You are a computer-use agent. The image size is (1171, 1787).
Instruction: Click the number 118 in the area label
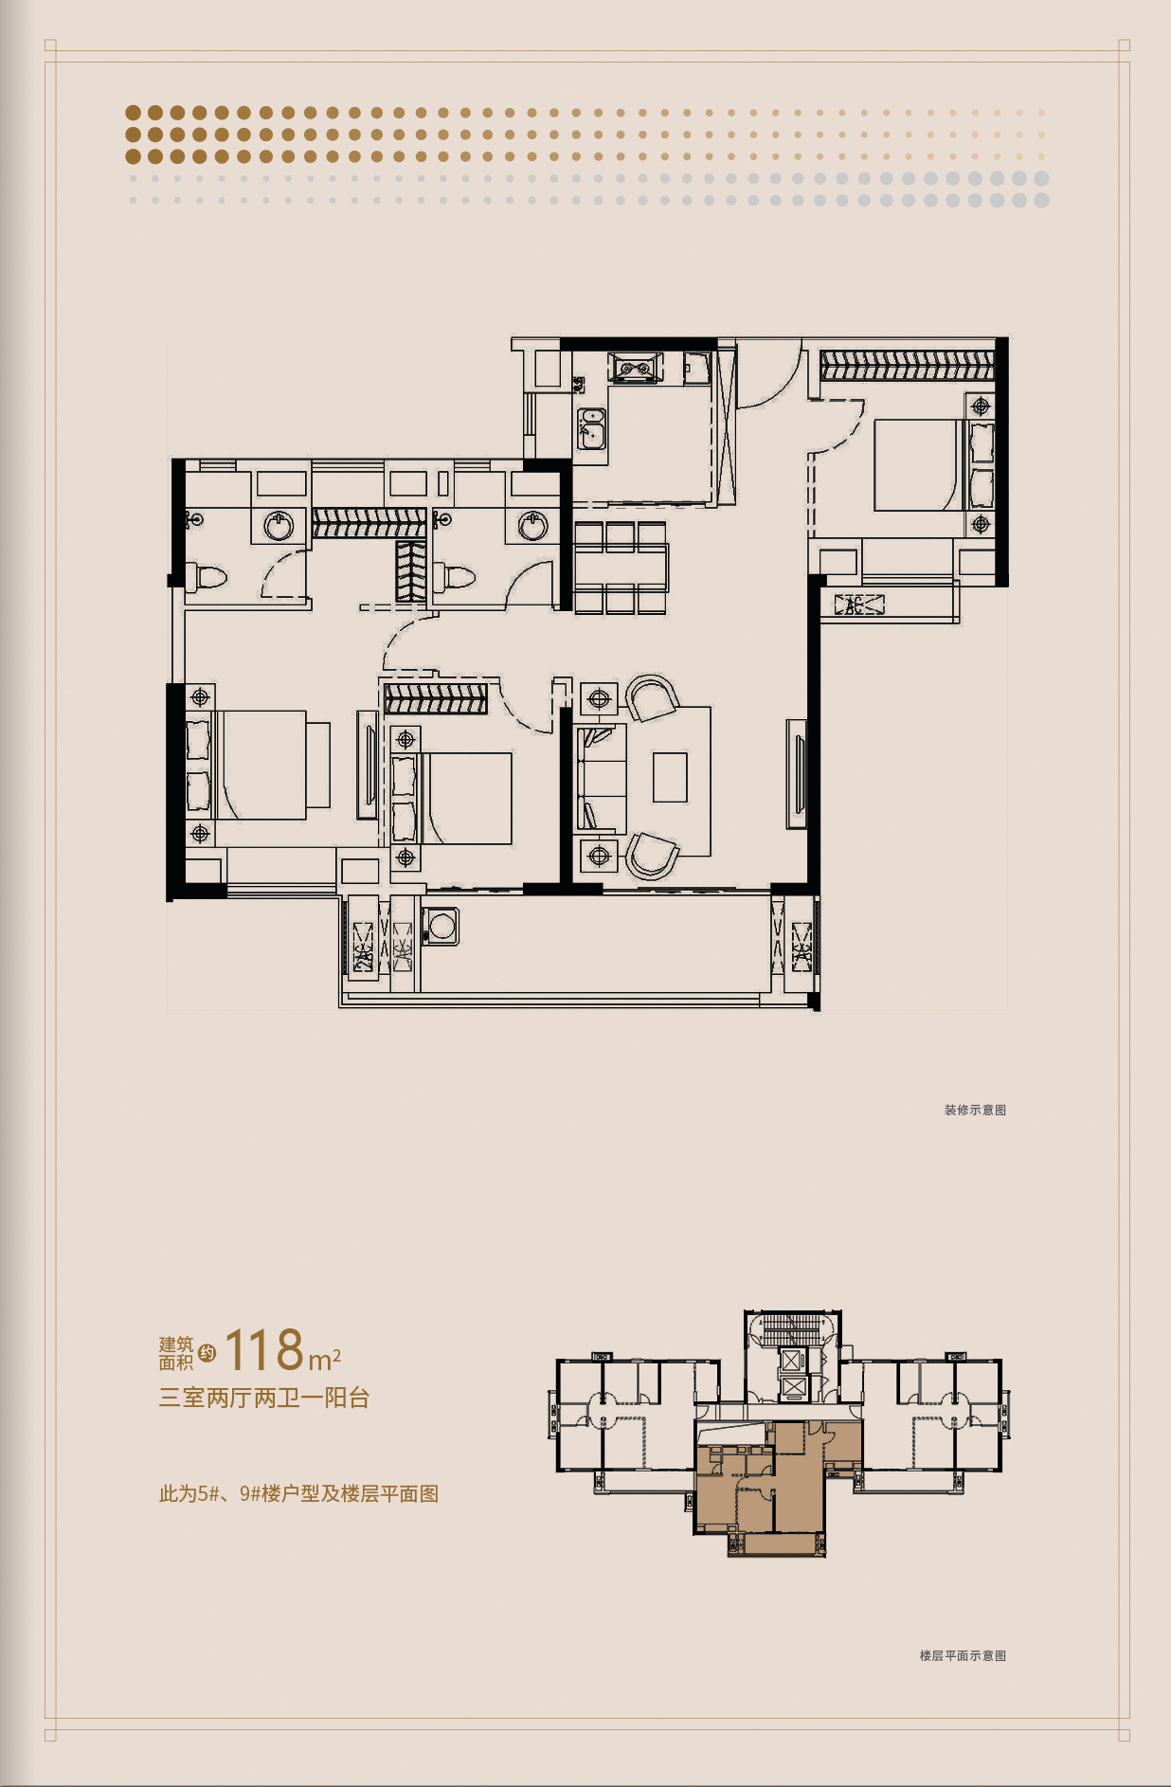[x=264, y=1350]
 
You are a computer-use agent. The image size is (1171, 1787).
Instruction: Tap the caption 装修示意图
[x=975, y=1110]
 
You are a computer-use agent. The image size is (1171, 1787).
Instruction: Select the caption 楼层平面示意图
[x=963, y=1655]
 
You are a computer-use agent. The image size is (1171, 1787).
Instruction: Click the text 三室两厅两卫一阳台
[x=264, y=1398]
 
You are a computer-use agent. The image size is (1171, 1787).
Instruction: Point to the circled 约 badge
[x=207, y=1353]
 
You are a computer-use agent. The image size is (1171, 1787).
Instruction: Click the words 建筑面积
[x=176, y=1353]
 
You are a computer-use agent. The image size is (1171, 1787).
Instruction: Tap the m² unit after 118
[x=324, y=1360]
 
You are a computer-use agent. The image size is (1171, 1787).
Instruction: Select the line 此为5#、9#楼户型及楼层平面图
[x=298, y=1494]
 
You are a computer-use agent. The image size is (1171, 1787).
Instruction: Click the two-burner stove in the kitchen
[x=635, y=368]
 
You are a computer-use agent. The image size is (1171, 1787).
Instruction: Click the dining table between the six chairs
[x=621, y=568]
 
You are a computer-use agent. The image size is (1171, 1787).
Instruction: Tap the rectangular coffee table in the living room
[x=670, y=777]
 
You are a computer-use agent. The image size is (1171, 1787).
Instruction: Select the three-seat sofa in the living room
[x=601, y=779]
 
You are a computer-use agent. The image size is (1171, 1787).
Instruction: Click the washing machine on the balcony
[x=441, y=927]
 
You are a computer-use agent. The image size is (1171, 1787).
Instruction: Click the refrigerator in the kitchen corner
[x=697, y=368]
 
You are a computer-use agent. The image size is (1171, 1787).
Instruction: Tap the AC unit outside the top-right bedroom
[x=858, y=605]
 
